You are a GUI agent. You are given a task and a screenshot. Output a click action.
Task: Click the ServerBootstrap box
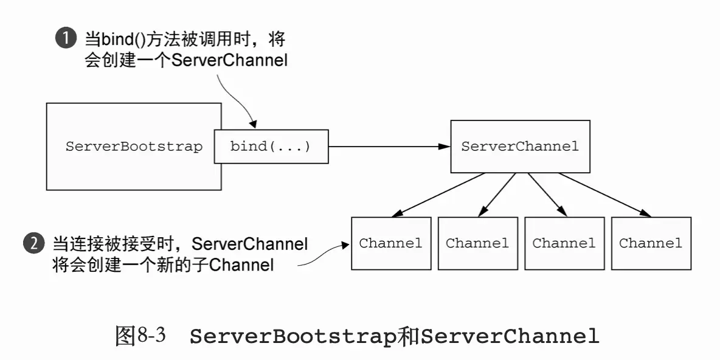click(134, 147)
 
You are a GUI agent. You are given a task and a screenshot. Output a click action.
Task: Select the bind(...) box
click(271, 147)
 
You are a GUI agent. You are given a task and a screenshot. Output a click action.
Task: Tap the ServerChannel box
click(520, 147)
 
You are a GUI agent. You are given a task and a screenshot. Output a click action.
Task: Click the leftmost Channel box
click(391, 243)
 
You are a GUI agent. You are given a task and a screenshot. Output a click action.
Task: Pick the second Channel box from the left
click(477, 243)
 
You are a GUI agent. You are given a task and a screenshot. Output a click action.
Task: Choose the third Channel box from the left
click(564, 243)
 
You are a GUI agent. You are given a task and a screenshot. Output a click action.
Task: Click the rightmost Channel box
click(651, 243)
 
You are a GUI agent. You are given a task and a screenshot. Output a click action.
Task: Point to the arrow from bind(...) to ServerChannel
click(389, 147)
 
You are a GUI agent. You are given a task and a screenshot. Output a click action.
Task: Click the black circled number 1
click(65, 40)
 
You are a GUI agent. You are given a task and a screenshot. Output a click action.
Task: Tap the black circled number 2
click(33, 244)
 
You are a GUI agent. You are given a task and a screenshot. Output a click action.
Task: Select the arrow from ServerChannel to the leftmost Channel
click(438, 195)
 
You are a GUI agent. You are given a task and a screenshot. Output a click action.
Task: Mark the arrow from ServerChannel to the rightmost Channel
click(605, 195)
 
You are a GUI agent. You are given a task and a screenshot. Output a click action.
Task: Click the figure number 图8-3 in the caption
click(140, 336)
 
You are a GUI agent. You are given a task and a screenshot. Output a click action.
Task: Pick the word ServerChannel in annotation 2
click(250, 244)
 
